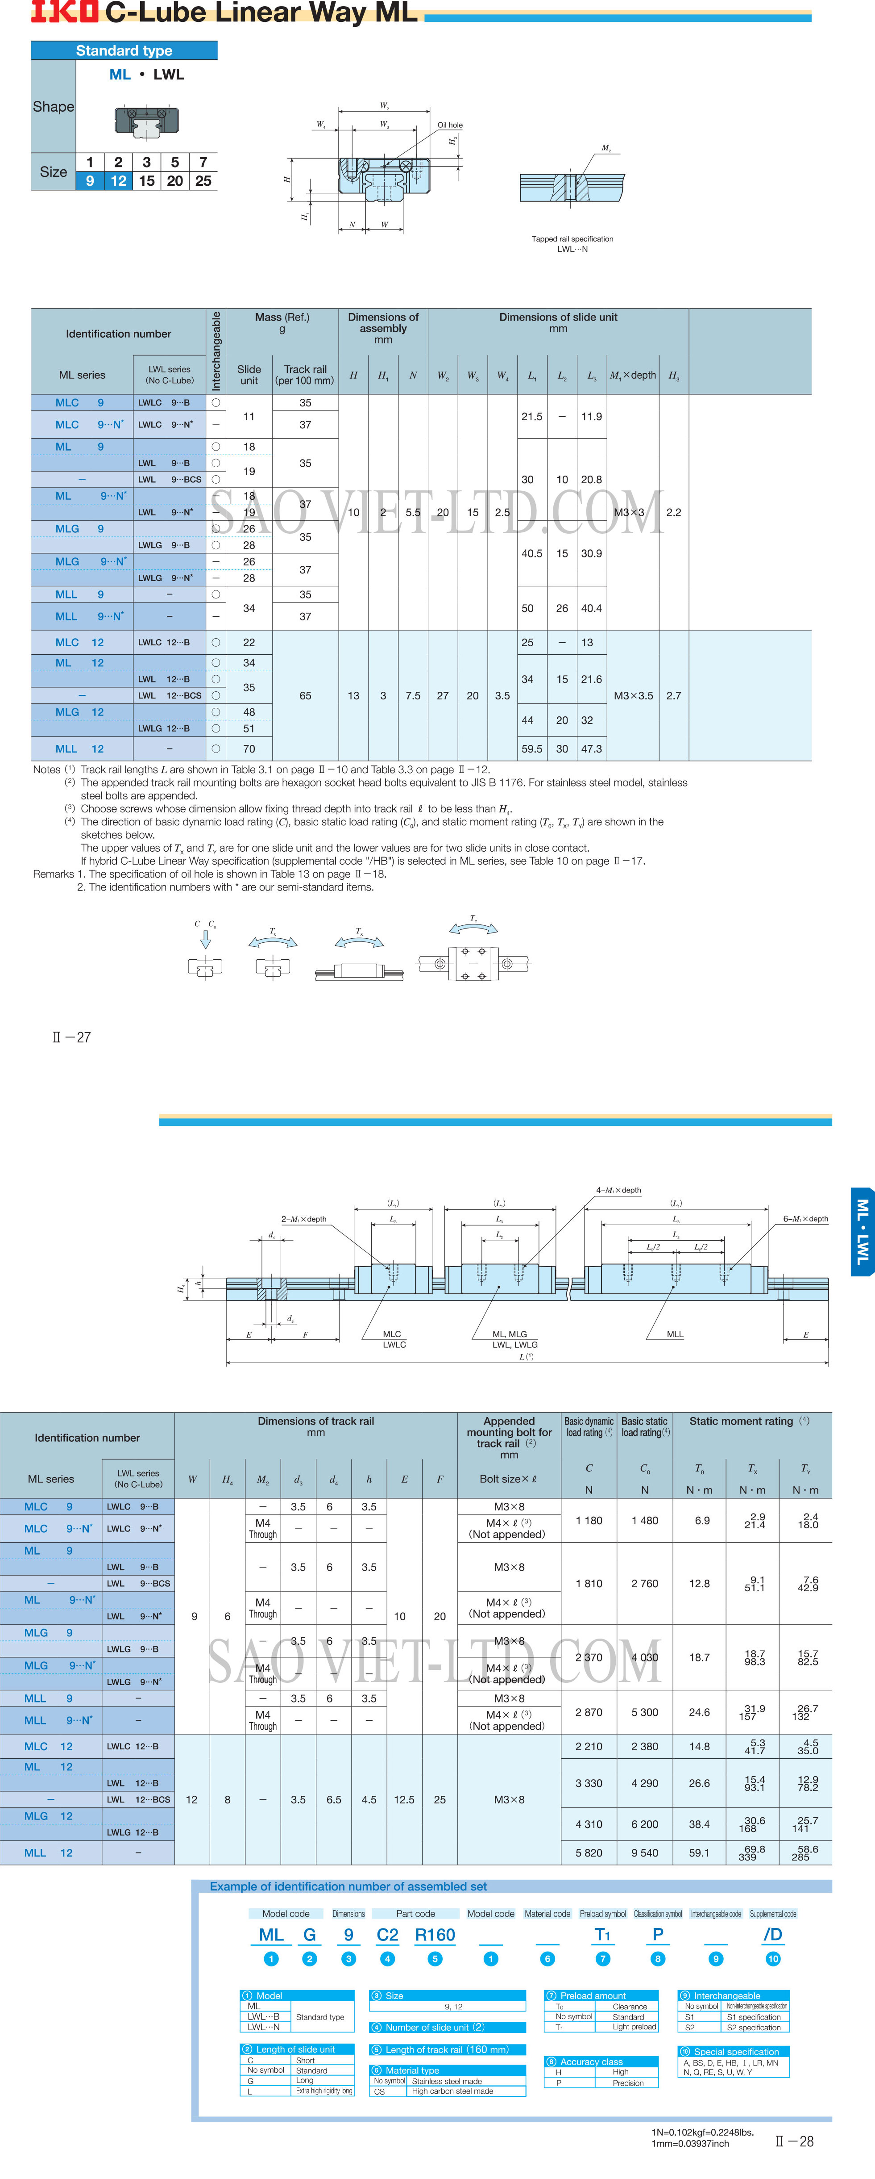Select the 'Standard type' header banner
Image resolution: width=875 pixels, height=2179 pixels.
click(x=124, y=51)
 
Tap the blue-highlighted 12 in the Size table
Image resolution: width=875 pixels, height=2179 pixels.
click(x=118, y=181)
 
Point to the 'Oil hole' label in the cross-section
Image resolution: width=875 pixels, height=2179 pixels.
click(x=450, y=125)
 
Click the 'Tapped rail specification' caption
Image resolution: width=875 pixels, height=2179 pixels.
click(x=572, y=239)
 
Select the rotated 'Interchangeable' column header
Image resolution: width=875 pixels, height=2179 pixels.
click(x=216, y=350)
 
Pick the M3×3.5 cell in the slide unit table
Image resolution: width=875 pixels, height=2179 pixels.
click(x=633, y=695)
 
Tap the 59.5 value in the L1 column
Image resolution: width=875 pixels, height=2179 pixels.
click(x=532, y=749)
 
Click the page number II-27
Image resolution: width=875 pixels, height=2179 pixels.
click(x=72, y=1037)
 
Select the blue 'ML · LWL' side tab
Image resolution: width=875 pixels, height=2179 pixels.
click(x=863, y=1231)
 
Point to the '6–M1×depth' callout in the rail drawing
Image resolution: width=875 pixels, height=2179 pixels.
click(x=805, y=1219)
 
